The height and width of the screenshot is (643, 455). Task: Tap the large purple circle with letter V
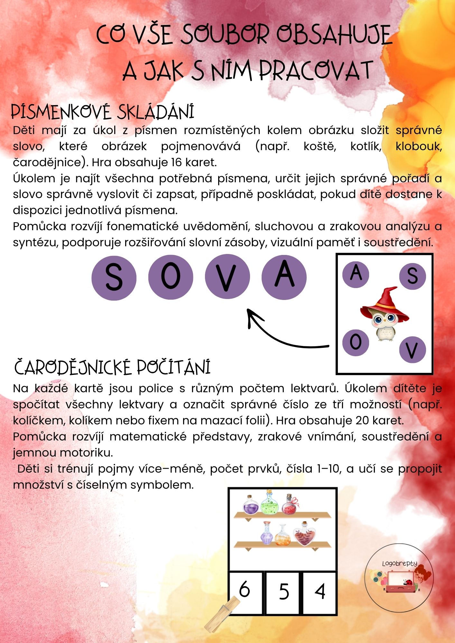click(x=227, y=277)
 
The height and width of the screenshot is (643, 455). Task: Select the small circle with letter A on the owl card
click(x=356, y=274)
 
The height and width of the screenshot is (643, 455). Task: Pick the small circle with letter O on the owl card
click(x=356, y=342)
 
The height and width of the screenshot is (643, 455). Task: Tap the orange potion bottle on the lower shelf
click(x=283, y=535)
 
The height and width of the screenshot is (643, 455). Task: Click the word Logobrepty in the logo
click(x=399, y=564)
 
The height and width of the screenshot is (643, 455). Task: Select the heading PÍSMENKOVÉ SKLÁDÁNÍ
click(x=103, y=112)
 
